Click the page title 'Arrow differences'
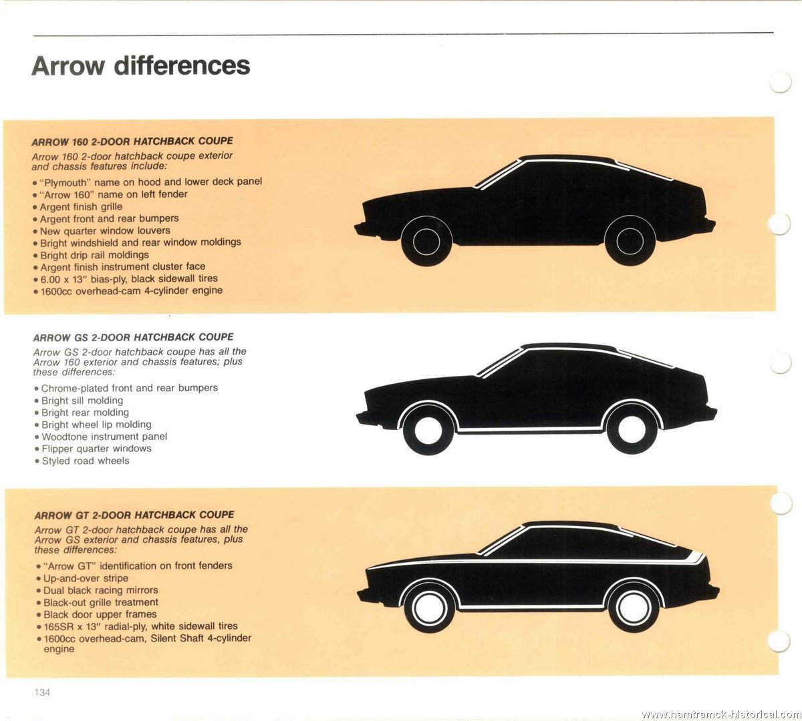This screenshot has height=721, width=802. tap(141, 65)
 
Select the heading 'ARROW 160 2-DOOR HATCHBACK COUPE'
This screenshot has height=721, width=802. tap(132, 142)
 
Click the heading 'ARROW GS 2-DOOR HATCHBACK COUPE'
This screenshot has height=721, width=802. tap(133, 338)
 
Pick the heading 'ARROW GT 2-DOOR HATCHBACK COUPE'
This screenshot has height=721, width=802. tap(134, 515)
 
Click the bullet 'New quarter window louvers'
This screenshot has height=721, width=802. tap(102, 231)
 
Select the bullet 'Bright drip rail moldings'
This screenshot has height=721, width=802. tap(91, 255)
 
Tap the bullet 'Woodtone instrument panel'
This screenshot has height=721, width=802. tap(101, 437)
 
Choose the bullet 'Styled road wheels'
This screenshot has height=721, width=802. tap(82, 461)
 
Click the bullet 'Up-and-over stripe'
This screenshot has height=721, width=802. tap(82, 578)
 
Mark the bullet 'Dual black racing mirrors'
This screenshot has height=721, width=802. tap(97, 590)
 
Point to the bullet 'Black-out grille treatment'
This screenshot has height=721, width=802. tap(97, 602)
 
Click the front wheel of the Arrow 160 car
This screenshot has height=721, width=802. tap(426, 241)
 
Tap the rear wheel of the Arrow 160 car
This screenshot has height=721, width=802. tap(630, 241)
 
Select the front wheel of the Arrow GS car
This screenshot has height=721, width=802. tap(428, 430)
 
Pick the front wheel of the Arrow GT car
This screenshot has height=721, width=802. tap(430, 607)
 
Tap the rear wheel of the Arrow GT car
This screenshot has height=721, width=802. tap(634, 607)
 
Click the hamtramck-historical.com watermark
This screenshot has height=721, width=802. tap(721, 714)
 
